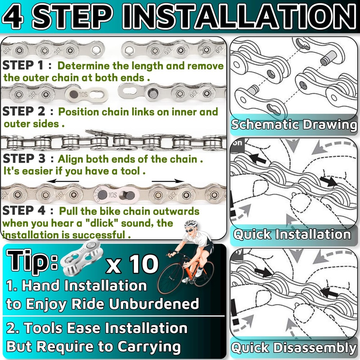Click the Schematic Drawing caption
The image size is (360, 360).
click(x=294, y=125)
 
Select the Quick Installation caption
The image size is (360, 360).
click(x=292, y=235)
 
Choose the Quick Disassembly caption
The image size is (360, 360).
click(x=293, y=348)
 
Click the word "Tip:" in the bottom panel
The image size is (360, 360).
click(x=32, y=262)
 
